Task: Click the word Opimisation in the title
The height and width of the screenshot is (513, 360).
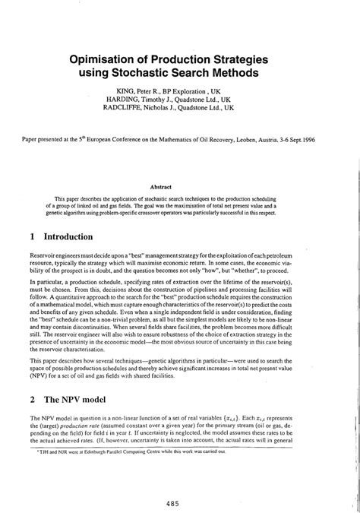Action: (x=118, y=59)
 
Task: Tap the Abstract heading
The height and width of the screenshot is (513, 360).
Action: (x=180, y=187)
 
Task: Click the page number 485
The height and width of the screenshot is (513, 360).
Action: (x=180, y=481)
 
